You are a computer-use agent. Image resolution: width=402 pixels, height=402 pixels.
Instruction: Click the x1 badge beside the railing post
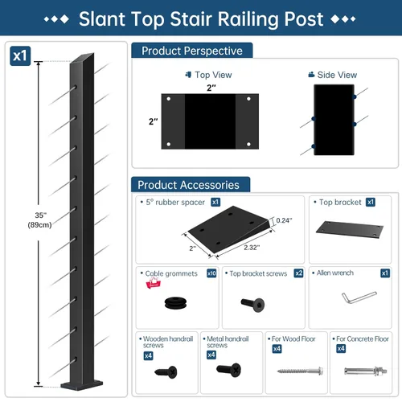[20, 56]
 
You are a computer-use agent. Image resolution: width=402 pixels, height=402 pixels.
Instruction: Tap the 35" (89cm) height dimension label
[39, 219]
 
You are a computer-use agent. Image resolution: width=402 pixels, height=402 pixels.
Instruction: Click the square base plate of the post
[82, 385]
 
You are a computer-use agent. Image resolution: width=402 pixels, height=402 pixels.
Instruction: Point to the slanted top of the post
[82, 59]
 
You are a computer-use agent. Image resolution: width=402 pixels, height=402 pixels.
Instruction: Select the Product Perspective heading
[192, 51]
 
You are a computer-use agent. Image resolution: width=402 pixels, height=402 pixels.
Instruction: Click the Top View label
[213, 75]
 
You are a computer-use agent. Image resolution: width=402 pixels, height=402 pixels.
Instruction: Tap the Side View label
[337, 75]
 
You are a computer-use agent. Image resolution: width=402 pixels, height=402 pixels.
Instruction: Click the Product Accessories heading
[188, 185]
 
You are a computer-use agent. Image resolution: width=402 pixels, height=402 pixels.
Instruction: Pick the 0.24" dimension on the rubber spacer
[284, 220]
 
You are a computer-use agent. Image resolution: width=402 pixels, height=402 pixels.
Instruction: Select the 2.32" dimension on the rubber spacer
[252, 248]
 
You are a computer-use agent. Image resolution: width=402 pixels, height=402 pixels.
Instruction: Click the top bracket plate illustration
[350, 230]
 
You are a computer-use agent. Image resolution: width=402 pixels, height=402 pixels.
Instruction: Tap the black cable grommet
[175, 303]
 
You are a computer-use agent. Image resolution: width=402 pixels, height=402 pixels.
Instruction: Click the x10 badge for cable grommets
[211, 273]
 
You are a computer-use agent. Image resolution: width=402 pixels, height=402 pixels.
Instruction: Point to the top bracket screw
[252, 305]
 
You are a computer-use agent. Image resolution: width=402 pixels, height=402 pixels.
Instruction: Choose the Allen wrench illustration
[359, 297]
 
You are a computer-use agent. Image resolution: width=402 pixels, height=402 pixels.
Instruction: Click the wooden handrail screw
[166, 371]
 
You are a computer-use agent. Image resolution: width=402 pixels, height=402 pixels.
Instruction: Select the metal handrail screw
[229, 370]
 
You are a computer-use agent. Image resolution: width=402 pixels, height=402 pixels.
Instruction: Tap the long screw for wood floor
[300, 371]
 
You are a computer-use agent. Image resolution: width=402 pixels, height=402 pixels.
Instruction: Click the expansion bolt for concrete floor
[366, 371]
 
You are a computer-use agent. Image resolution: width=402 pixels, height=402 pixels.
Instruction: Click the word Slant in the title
[102, 18]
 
